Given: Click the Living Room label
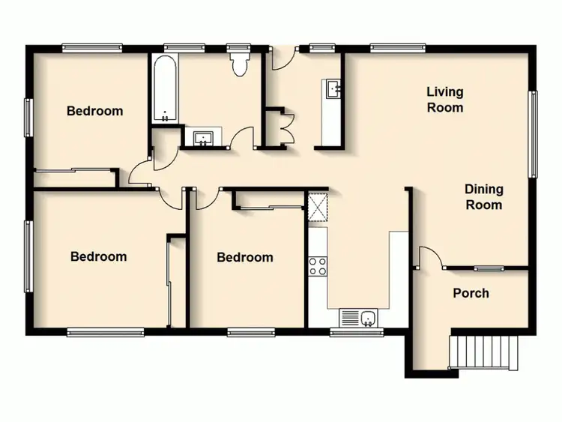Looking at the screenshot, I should coord(445,100).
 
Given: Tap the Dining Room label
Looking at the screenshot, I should coord(483,196).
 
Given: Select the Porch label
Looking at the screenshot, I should coord(471,293).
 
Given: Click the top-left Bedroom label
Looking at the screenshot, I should coord(94,111).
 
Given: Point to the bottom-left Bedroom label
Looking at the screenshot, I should coord(98,256).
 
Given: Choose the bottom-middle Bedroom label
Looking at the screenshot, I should coord(244,257).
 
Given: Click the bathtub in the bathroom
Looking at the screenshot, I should coord(165,89).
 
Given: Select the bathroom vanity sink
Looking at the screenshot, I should coord(202,139).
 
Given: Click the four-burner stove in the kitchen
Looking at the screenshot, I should coord(318,265).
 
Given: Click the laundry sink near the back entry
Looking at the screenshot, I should coord(332,88).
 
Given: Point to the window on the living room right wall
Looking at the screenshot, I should coord(534,134).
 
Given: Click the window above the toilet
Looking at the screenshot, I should coord(240,48).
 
